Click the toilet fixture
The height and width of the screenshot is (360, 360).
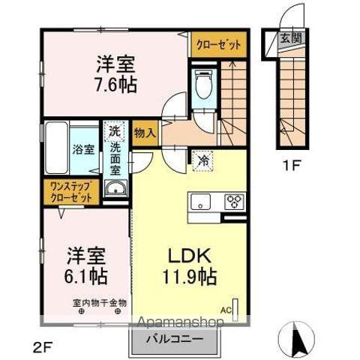pyautogui.click(x=203, y=85)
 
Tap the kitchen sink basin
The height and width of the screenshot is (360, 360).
pyautogui.click(x=200, y=202)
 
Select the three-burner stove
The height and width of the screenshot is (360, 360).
pyautogui.click(x=234, y=202)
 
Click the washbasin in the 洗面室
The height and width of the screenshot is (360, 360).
pyautogui.click(x=115, y=188)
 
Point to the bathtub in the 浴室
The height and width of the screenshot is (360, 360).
pyautogui.click(x=57, y=148)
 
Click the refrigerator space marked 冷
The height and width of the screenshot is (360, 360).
pyautogui.click(x=202, y=161)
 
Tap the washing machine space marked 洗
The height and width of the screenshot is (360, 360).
pyautogui.click(x=115, y=130)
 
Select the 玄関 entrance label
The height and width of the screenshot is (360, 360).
pyautogui.click(x=290, y=38)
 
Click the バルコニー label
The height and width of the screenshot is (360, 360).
pyautogui.click(x=175, y=340)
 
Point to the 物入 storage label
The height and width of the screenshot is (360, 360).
pyautogui.click(x=145, y=133)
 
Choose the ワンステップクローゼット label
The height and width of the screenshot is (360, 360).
pyautogui.click(x=71, y=192)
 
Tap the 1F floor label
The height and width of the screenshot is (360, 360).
pyautogui.click(x=291, y=166)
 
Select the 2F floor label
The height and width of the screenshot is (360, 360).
pyautogui.click(x=43, y=347)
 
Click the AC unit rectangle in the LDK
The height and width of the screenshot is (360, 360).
pyautogui.click(x=235, y=310)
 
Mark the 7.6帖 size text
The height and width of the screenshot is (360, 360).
pyautogui.click(x=116, y=85)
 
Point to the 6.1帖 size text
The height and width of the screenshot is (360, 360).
pyautogui.click(x=86, y=276)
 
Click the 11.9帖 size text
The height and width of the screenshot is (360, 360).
pyautogui.click(x=189, y=276)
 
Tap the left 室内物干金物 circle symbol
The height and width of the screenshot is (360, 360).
pyautogui.click(x=81, y=311)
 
